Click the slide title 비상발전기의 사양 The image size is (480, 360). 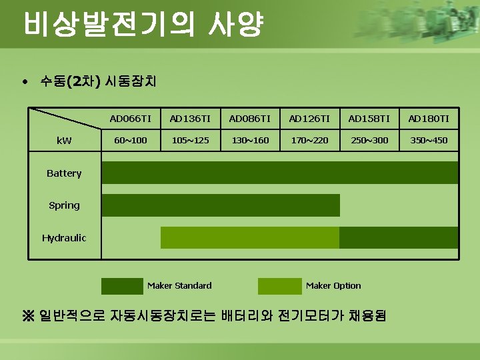(143, 25)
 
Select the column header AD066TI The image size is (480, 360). (131, 119)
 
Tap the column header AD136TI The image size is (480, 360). (190, 119)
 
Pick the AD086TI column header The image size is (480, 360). (250, 119)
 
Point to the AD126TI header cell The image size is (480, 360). (309, 119)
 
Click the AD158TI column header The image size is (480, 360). (369, 119)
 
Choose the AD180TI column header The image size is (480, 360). (429, 119)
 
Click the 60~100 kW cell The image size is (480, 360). (131, 141)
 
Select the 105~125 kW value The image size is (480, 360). (190, 141)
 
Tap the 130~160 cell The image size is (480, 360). (250, 141)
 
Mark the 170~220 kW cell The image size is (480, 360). (309, 141)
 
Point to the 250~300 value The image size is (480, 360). (369, 141)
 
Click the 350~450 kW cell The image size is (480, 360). (429, 141)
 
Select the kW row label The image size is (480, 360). (64, 141)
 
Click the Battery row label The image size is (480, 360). (64, 173)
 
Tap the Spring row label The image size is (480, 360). (64, 205)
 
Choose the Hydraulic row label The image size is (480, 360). (64, 238)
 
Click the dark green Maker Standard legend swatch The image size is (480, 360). (122, 286)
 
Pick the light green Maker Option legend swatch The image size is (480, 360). (279, 286)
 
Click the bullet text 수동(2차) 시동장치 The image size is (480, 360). (98, 82)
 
